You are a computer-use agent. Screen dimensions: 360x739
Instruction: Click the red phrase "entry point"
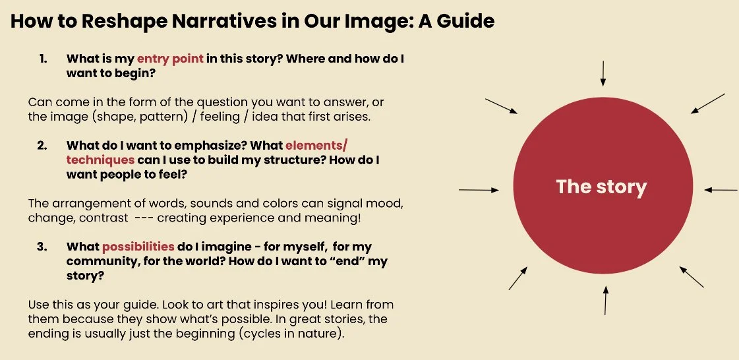click(170, 58)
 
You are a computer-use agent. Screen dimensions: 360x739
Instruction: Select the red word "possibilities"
click(138, 247)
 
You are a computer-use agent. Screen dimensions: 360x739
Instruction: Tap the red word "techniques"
click(100, 160)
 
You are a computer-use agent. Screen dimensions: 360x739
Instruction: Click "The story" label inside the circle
click(601, 187)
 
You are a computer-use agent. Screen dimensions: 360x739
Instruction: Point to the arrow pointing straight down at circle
click(602, 73)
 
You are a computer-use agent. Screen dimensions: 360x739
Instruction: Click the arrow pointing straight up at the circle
click(605, 301)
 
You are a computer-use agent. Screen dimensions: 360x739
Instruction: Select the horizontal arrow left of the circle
click(479, 190)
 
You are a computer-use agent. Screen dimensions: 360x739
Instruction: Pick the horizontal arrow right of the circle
click(721, 190)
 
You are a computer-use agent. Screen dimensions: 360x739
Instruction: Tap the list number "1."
click(43, 58)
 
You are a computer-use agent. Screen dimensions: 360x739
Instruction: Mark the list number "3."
click(43, 247)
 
